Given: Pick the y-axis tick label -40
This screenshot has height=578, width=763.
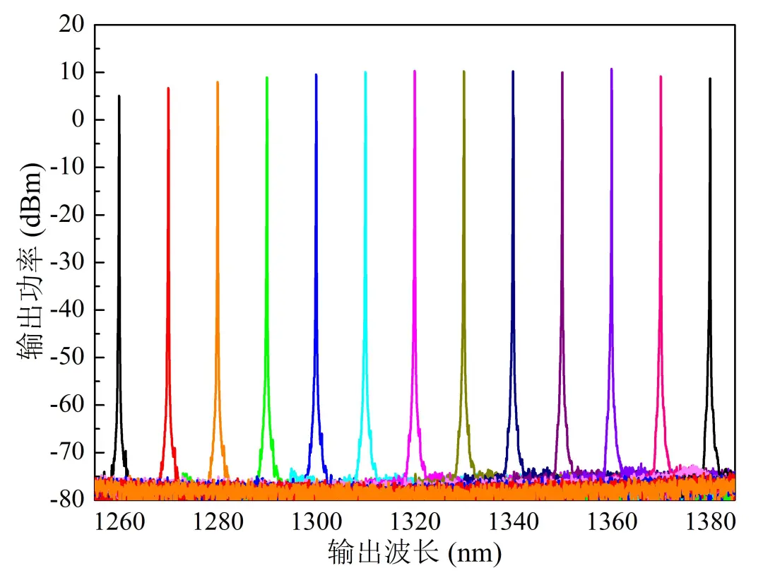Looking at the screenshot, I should tap(68, 310).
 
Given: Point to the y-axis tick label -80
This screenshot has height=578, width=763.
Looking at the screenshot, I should tap(68, 500).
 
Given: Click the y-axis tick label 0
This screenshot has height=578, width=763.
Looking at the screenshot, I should tap(79, 120).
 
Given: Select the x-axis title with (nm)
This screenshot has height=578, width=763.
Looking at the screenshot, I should tap(414, 553).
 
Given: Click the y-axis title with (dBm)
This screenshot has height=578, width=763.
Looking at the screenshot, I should tap(30, 261).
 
